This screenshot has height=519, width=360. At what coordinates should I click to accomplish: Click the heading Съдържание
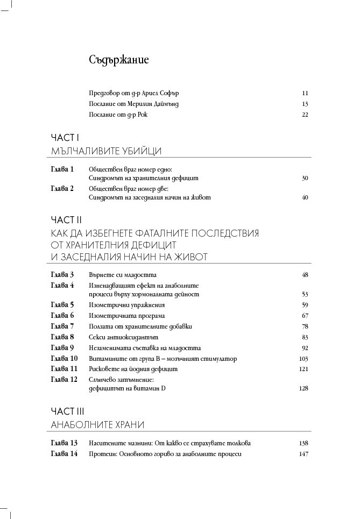(x=119, y=60)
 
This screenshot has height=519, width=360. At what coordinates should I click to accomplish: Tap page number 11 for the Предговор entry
(x=305, y=93)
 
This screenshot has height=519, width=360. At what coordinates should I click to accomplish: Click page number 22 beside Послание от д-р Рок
(x=305, y=115)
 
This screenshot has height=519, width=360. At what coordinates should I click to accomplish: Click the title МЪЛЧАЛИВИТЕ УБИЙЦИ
(x=106, y=151)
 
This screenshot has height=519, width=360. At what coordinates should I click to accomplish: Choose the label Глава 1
(x=62, y=169)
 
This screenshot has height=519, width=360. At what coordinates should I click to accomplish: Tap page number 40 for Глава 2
(x=305, y=197)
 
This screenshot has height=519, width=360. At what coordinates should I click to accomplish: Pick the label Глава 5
(x=62, y=305)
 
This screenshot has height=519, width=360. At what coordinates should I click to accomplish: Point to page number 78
(x=305, y=326)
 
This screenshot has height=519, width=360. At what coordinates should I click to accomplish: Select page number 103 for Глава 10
(x=303, y=359)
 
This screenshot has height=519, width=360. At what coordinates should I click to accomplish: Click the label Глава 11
(x=64, y=369)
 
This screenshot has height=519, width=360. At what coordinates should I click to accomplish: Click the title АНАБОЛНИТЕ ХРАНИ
(x=97, y=425)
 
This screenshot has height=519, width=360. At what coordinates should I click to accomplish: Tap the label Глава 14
(x=64, y=454)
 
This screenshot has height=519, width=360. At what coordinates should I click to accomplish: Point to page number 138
(x=303, y=443)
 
